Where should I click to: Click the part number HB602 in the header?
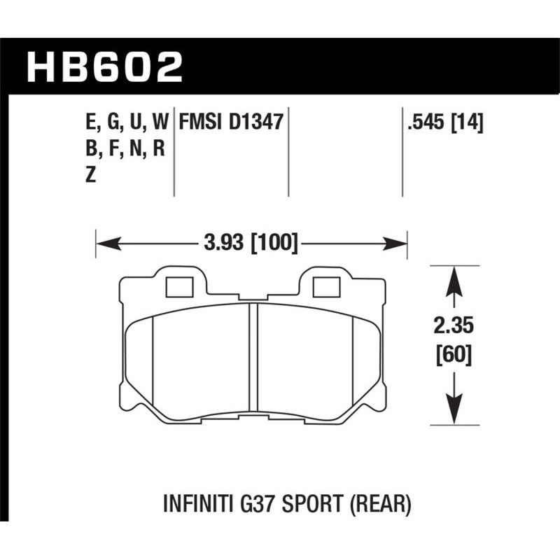104,68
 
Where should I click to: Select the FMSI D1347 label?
230,122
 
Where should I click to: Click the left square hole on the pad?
181,287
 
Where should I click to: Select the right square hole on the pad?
325,287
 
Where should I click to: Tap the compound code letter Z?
90,177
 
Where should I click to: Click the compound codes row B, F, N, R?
124,150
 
